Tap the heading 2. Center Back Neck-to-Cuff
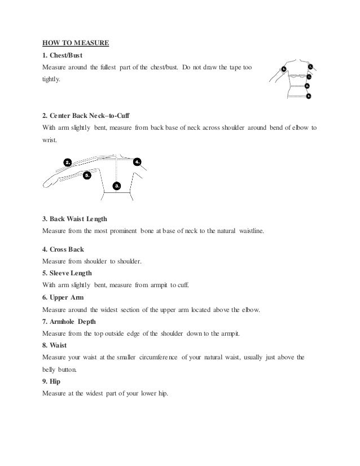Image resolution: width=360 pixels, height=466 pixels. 86,116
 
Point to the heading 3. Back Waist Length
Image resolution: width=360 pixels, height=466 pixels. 74,218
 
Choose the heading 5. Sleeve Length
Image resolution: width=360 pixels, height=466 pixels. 67,272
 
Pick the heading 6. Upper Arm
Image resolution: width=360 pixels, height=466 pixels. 63,297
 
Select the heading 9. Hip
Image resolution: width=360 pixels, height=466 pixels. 51,381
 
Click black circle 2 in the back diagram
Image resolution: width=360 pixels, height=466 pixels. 68,162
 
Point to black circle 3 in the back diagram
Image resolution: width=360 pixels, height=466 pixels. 117,185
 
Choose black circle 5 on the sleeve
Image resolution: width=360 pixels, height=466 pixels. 87,175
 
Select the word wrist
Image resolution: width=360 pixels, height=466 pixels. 50,140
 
